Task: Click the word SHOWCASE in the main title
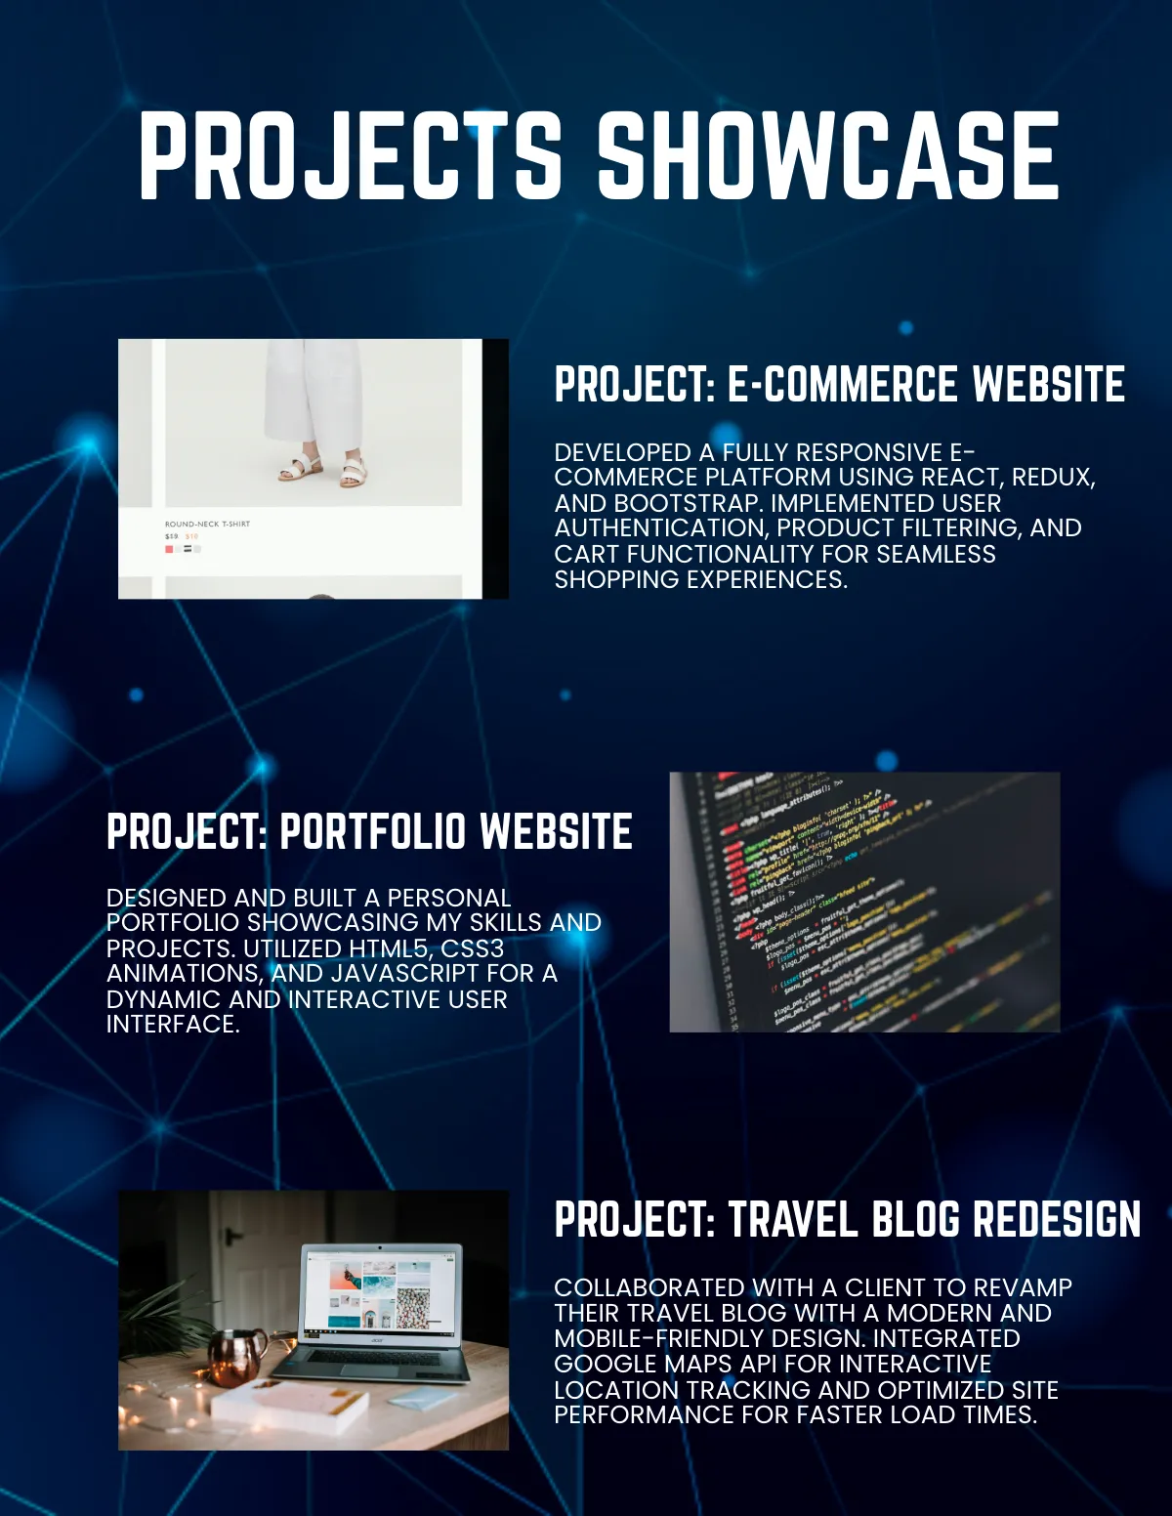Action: point(828,156)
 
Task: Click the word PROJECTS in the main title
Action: point(350,156)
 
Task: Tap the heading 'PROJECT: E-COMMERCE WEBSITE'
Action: point(839,385)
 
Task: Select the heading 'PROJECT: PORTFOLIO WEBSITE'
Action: point(369,832)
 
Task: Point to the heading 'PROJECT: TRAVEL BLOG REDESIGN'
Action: point(847,1220)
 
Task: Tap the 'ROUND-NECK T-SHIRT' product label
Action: point(207,525)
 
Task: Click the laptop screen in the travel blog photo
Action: point(380,1292)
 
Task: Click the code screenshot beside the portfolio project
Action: point(864,902)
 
